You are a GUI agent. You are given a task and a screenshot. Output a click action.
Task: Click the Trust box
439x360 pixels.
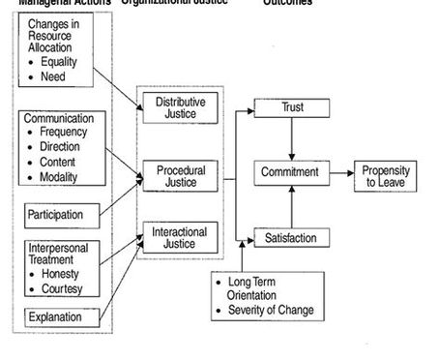[291, 107]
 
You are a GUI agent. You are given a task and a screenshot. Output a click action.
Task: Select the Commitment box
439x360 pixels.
[291, 172]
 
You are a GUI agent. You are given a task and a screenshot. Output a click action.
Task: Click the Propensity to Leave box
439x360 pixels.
[386, 175]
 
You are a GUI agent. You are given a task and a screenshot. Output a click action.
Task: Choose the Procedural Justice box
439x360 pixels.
[181, 176]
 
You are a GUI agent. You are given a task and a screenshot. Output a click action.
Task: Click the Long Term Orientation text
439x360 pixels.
[263, 288]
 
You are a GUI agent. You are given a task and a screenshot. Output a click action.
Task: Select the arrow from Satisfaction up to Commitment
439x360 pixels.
[291, 205]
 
